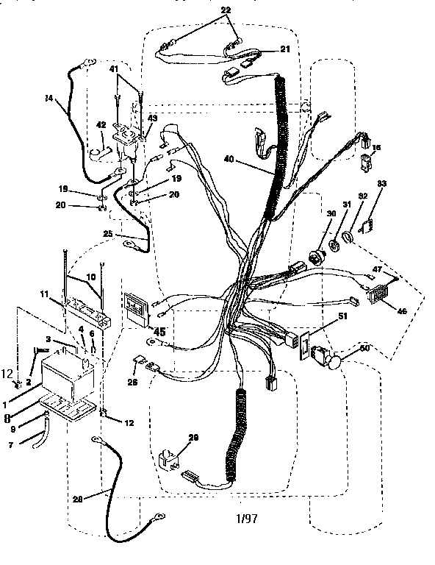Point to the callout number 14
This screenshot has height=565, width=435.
[48, 99]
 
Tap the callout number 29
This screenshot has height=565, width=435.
[194, 438]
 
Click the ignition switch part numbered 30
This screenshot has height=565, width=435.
[320, 258]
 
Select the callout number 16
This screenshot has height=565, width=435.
[376, 149]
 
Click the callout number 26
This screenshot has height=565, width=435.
[132, 381]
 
